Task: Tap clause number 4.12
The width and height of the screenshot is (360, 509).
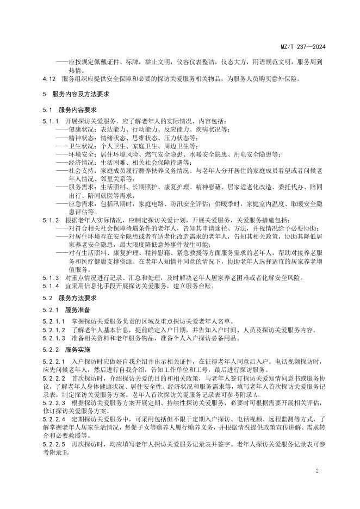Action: pos(49,78)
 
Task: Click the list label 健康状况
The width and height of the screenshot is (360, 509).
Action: pos(80,129)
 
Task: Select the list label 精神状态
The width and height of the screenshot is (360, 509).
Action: pos(80,138)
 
